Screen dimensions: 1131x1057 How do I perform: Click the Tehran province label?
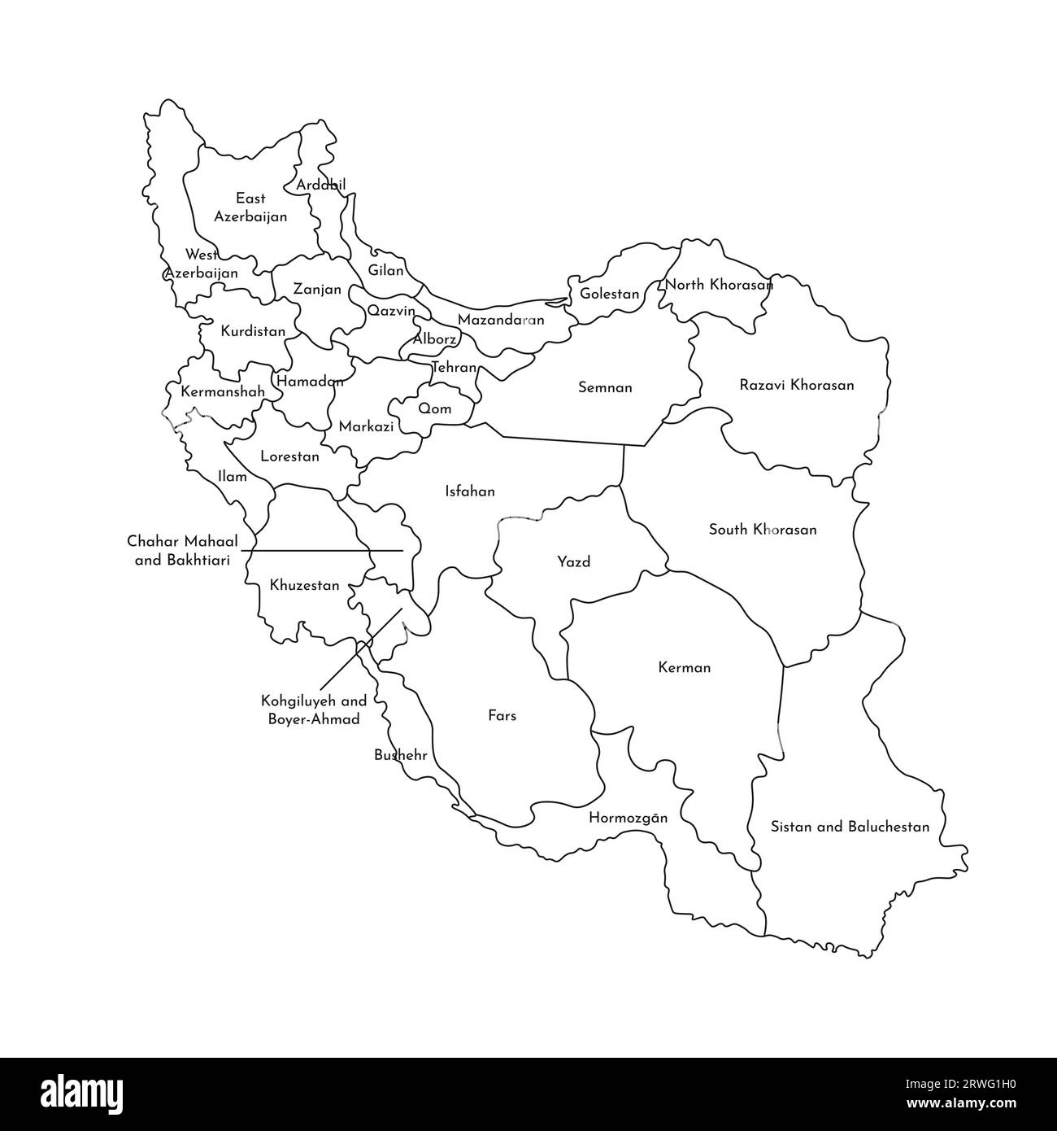454,368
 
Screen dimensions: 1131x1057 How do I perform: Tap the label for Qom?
435,408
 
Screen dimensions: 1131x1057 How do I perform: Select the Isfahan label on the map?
470,491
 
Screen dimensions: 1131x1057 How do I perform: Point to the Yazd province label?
573,561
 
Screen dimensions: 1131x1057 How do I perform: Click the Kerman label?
684,668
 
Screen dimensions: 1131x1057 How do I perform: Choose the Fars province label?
502,716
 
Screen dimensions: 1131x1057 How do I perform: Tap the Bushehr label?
400,755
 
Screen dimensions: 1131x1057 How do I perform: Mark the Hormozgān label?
628,818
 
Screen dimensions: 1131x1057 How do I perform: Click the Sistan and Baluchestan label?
850,827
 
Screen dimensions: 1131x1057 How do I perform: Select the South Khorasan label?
763,530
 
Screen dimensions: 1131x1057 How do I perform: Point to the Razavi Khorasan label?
797,385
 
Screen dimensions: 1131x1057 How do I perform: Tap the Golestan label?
609,294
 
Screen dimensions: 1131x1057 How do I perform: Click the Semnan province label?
605,387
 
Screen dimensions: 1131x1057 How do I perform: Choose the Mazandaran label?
501,320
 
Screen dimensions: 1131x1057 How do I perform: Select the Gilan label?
386,270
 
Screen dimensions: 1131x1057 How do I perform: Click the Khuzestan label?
304,585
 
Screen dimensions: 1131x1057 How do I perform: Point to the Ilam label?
233,477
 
